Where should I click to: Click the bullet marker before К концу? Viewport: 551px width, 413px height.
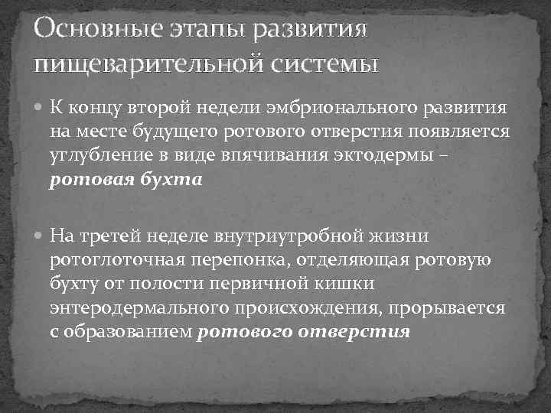click(41, 108)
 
